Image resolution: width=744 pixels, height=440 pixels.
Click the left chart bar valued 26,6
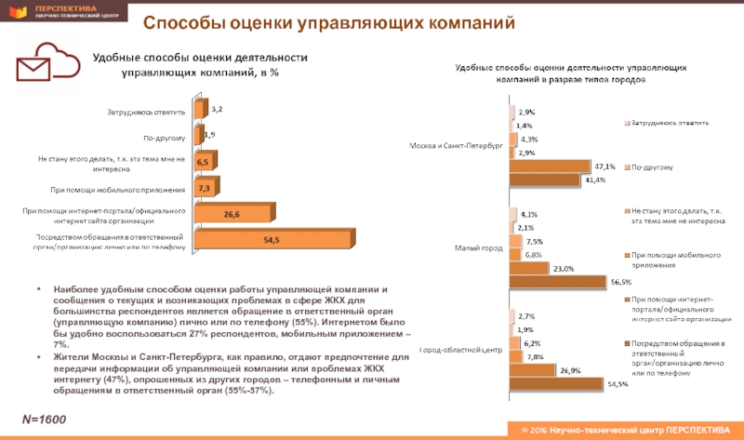(x=232, y=215)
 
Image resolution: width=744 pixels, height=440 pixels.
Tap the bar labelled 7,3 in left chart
(x=203, y=189)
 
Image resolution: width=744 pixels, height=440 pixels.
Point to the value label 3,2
(x=217, y=109)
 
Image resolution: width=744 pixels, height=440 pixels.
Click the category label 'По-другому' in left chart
(x=165, y=138)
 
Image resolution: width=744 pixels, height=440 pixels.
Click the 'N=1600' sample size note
(x=45, y=420)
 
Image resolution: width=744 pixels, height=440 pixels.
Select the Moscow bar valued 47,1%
(x=549, y=166)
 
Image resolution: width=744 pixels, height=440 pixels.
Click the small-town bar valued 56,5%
(x=556, y=282)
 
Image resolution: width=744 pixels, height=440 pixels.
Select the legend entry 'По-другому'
(x=653, y=167)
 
